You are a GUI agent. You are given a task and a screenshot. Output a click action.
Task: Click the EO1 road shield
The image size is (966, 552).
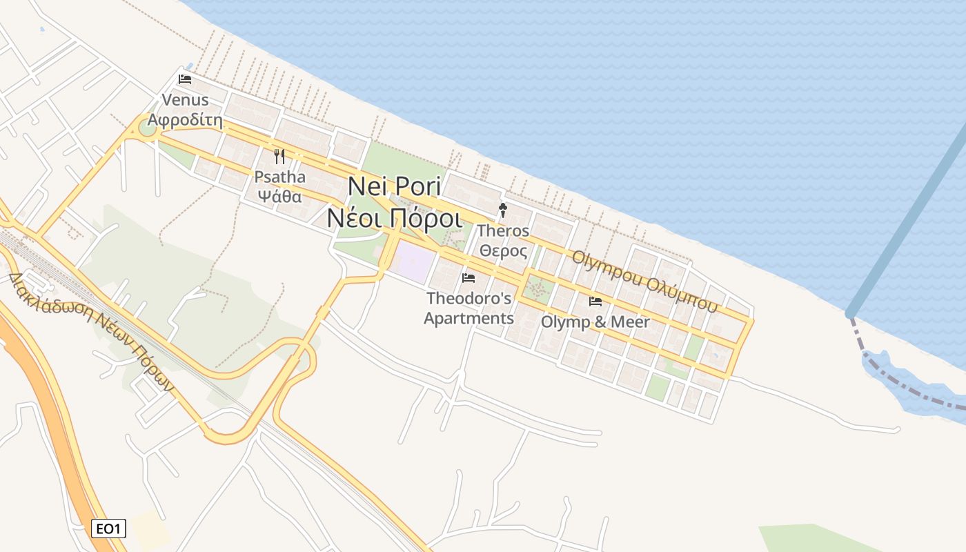tap(108, 529)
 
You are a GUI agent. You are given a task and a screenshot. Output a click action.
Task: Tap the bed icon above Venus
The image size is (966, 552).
tap(185, 79)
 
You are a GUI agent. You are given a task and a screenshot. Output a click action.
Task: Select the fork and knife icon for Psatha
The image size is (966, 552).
tap(279, 157)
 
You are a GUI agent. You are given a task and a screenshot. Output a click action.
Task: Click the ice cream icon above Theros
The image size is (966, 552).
tap(504, 210)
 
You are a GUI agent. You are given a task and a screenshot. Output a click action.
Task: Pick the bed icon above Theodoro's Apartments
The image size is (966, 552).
tap(469, 278)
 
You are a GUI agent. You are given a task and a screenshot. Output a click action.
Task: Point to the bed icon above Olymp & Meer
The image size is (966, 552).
tap(595, 302)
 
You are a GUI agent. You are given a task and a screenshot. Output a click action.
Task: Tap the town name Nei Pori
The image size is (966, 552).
tap(394, 186)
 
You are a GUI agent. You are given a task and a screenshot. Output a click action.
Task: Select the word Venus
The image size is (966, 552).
tap(185, 101)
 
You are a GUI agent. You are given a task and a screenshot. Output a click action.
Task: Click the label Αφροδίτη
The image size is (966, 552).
tap(185, 120)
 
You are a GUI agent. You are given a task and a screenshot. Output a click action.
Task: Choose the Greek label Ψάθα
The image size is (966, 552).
tap(279, 195)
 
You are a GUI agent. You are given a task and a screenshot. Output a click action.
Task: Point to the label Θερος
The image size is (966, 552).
tap(504, 250)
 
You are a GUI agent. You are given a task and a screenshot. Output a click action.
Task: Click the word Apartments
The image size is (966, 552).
tap(469, 318)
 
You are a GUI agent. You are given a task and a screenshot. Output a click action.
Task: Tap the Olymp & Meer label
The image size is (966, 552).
tap(595, 322)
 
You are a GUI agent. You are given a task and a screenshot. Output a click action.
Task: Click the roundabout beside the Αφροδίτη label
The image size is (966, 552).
tap(147, 127)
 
